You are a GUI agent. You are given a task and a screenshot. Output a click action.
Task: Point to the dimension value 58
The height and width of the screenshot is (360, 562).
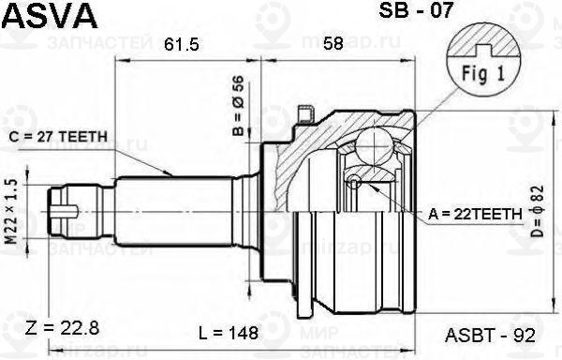pyautogui.click(x=331, y=44)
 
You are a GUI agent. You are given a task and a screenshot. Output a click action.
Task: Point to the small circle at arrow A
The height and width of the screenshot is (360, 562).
pyautogui.click(x=353, y=182)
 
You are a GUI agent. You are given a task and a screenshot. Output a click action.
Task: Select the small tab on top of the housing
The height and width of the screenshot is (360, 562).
pyautogui.click(x=302, y=114)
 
